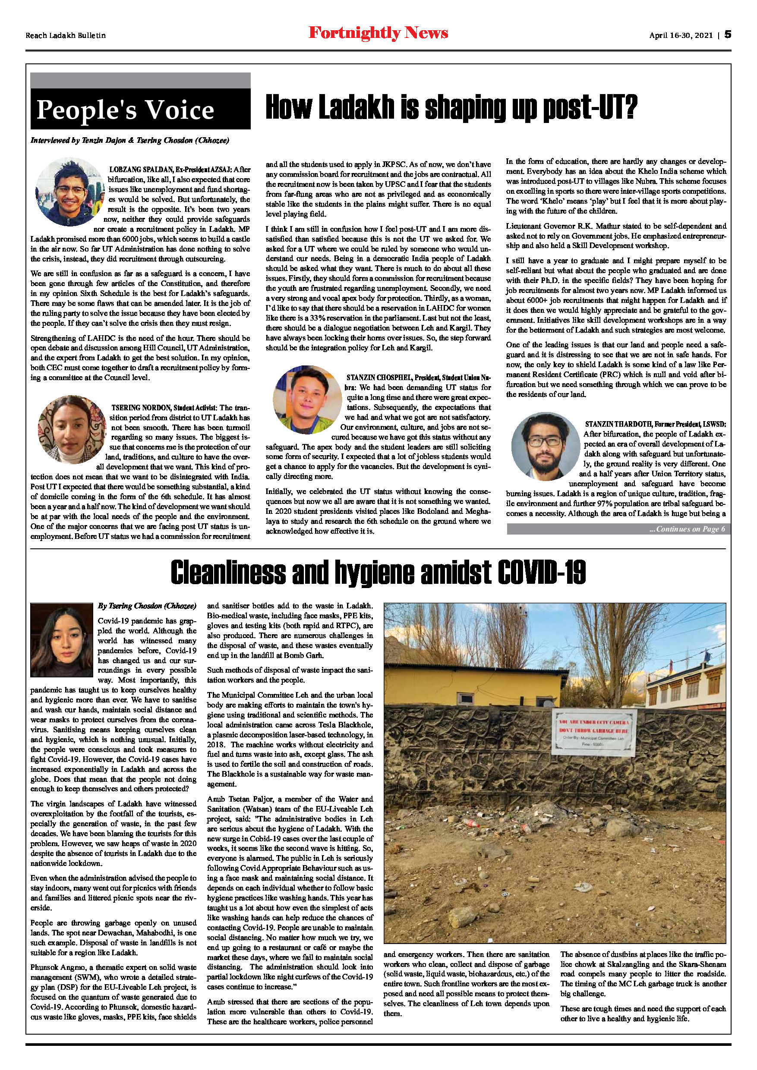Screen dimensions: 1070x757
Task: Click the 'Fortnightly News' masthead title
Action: click(x=378, y=33)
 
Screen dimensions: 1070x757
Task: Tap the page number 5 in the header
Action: click(x=728, y=35)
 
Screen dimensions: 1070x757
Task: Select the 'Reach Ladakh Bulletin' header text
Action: click(x=66, y=35)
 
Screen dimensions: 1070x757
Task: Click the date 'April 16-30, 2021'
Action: click(x=681, y=35)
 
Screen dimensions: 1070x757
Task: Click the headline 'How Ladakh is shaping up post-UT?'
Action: click(x=451, y=108)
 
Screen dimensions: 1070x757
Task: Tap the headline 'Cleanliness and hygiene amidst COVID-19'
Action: click(x=378, y=572)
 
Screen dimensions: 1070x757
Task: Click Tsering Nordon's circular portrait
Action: click(x=72, y=429)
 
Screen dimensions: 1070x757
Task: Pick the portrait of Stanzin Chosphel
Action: click(x=307, y=400)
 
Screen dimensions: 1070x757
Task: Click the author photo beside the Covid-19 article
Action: click(x=62, y=640)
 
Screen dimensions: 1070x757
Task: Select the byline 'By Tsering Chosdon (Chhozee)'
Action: click(x=147, y=606)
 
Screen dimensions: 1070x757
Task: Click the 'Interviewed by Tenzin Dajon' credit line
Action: click(x=129, y=140)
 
